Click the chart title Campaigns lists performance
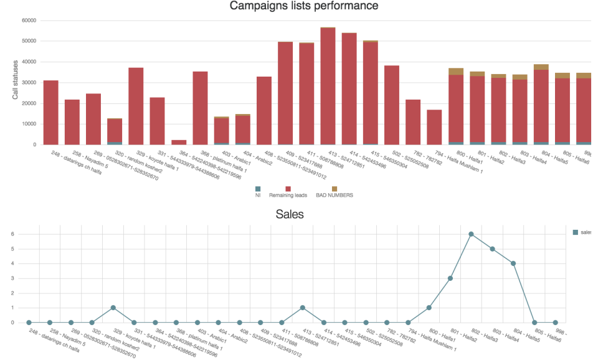(304, 7)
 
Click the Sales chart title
(290, 214)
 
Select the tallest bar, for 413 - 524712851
(328, 87)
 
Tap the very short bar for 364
(178, 142)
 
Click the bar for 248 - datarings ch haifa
(50, 112)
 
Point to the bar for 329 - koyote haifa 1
(136, 106)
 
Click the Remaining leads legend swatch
(288, 188)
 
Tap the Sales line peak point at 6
(472, 234)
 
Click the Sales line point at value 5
(493, 249)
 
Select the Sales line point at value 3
(450, 278)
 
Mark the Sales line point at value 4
(514, 263)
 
